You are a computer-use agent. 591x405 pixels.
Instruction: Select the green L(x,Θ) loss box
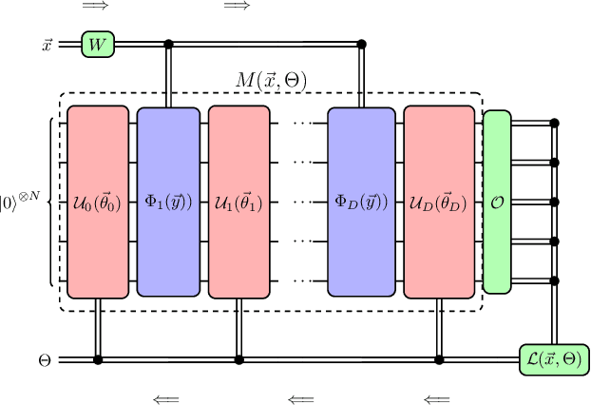click(553, 360)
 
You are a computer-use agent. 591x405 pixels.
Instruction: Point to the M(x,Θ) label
click(271, 80)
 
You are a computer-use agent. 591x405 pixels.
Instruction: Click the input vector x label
click(48, 45)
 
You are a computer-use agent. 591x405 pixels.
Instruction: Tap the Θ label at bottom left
click(44, 361)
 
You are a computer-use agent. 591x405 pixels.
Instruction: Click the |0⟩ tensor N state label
click(19, 202)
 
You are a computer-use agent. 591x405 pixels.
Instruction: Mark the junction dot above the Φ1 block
click(169, 44)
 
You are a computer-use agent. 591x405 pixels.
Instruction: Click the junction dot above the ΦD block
click(361, 44)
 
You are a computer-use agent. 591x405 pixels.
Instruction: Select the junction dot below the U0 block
click(97, 360)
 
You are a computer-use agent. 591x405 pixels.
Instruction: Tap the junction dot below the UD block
click(439, 360)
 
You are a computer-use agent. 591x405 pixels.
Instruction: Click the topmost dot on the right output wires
click(554, 124)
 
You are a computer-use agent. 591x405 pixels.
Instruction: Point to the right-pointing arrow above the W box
click(95, 7)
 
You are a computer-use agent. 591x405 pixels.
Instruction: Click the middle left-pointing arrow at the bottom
click(301, 399)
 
